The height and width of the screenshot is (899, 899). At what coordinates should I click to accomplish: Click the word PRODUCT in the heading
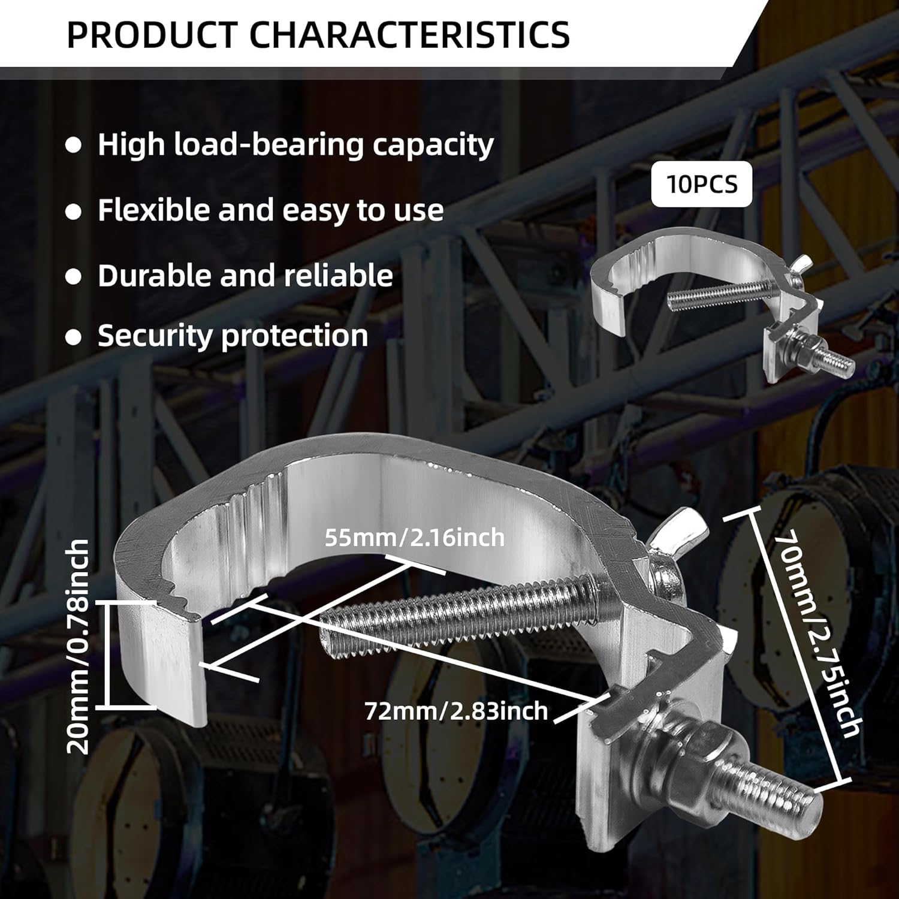(x=152, y=34)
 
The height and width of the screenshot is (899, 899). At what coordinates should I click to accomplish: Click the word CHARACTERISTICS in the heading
(x=409, y=34)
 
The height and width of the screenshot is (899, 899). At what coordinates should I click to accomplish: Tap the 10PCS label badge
(x=702, y=184)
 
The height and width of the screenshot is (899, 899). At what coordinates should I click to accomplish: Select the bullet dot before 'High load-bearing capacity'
(x=73, y=146)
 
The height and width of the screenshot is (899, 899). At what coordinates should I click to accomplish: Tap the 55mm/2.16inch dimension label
(x=415, y=538)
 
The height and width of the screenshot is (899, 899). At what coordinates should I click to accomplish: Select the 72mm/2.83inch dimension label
(x=456, y=711)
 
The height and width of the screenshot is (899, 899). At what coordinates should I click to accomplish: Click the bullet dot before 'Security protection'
(x=73, y=337)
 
